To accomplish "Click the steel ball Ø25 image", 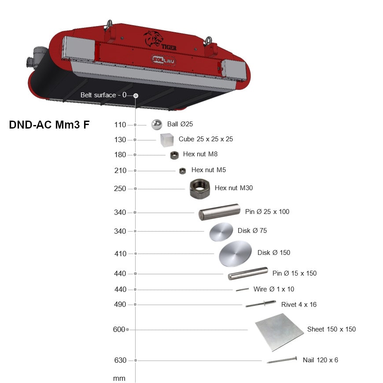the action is click(157, 125).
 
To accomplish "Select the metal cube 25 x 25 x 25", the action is click(167, 140).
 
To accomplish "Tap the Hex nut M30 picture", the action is click(200, 188).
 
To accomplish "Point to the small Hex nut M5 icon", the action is click(182, 171).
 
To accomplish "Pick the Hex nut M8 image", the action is click(174, 155).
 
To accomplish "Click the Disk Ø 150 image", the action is click(235, 254).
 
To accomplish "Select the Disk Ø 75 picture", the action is click(221, 232).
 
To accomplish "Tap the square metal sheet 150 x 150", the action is click(280, 332).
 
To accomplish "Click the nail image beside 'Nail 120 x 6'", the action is click(282, 360).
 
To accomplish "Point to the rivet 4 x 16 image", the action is click(261, 304).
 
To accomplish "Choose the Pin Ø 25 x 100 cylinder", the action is click(219, 212).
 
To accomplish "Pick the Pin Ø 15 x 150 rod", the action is click(248, 273).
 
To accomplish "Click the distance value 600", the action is click(119, 329).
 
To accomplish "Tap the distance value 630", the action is click(120, 360).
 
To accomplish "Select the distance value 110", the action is click(120, 125).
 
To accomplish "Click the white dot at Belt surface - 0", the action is click(136, 96).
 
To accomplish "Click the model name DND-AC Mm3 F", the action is click(49, 125).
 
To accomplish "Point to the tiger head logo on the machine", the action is click(153, 39).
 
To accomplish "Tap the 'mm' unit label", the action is click(119, 378).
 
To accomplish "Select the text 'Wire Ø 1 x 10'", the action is click(274, 289).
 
